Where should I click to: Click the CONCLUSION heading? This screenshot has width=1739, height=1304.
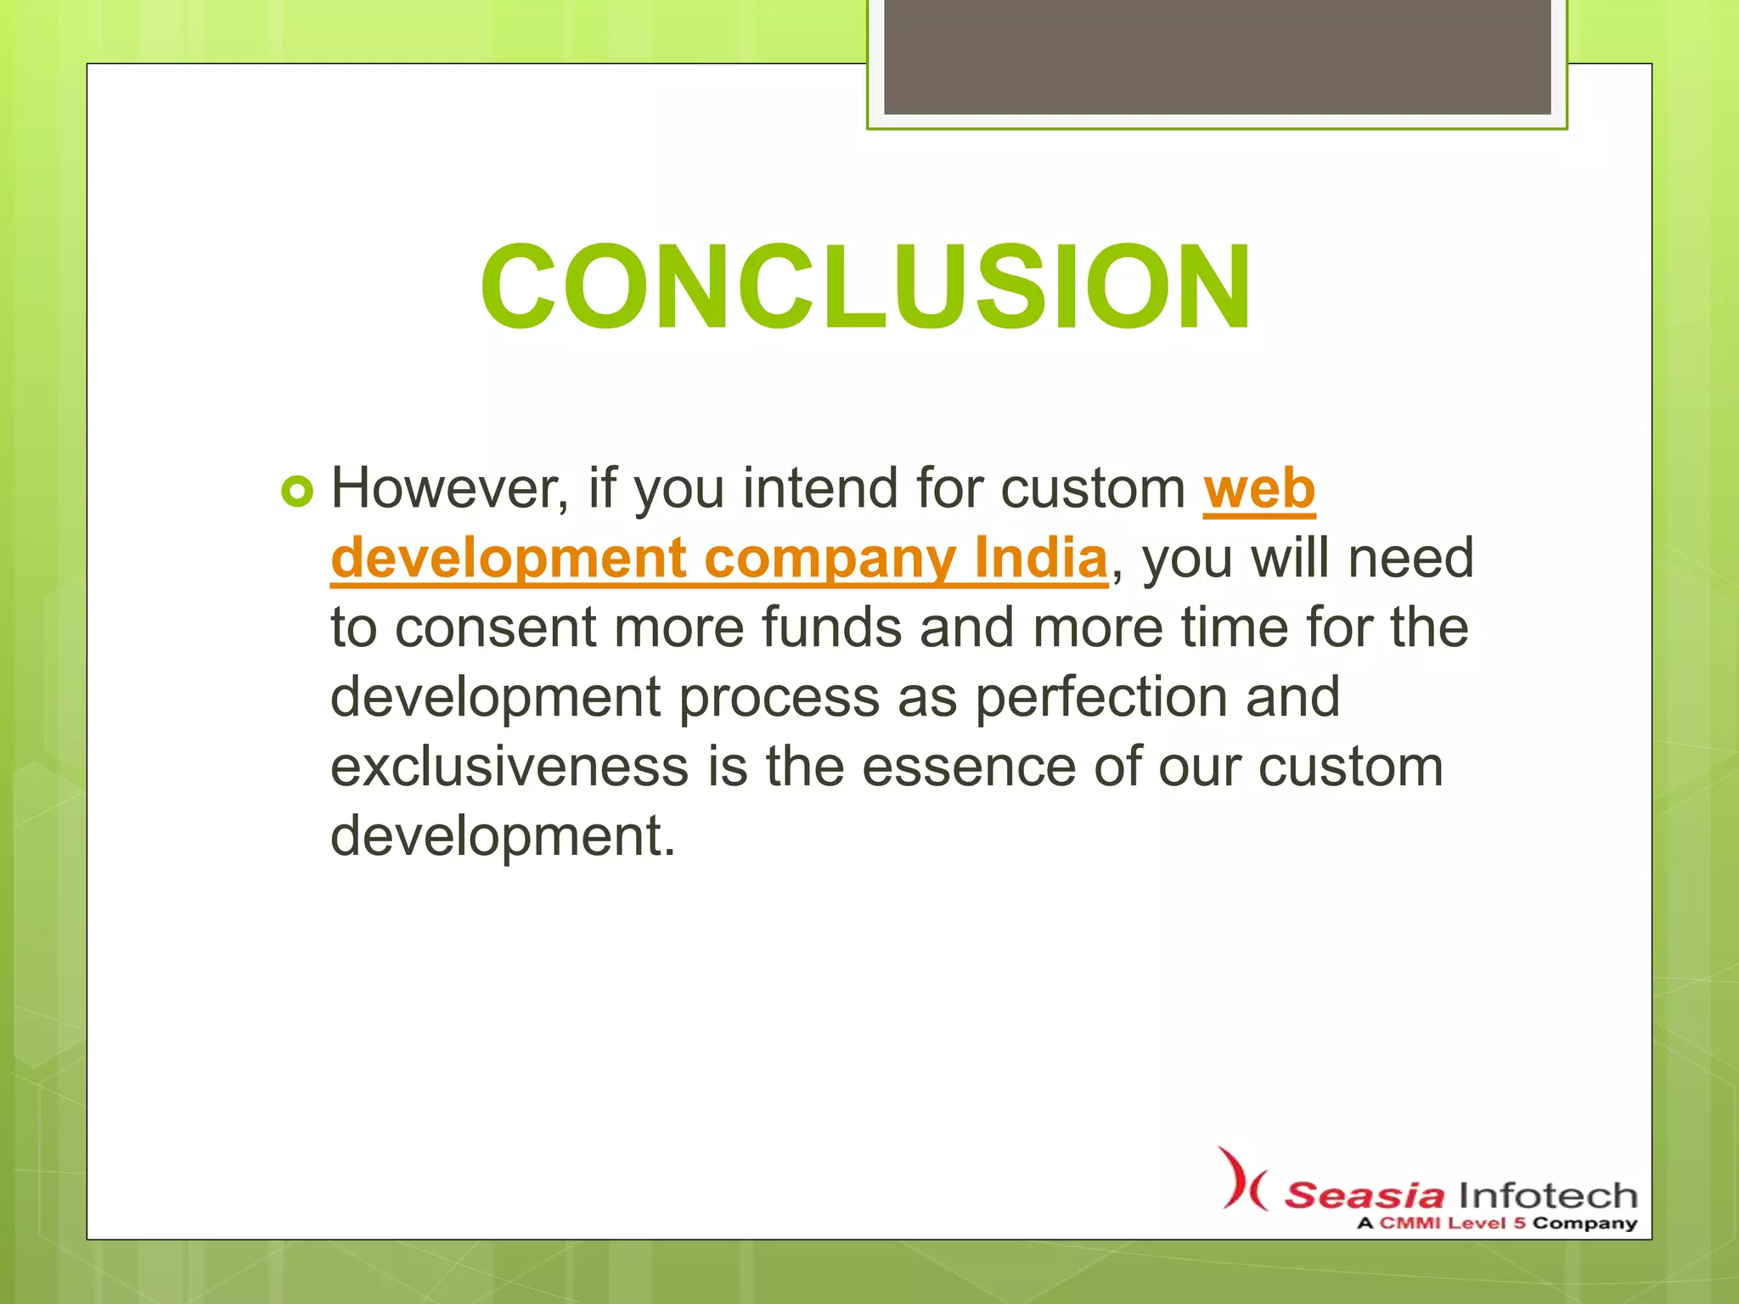(x=865, y=287)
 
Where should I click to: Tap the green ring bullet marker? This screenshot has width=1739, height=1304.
(x=297, y=491)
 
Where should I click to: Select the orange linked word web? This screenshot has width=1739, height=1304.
(x=1259, y=489)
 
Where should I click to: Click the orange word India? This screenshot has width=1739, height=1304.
(x=1040, y=559)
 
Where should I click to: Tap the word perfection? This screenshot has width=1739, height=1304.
(x=1100, y=698)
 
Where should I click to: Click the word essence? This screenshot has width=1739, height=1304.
(x=969, y=767)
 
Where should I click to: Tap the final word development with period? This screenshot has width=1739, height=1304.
(x=503, y=836)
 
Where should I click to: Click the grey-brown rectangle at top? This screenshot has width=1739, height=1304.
(x=1217, y=56)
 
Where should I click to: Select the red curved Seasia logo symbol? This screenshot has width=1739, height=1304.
(x=1241, y=1179)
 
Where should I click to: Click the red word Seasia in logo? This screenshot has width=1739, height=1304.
(x=1364, y=1195)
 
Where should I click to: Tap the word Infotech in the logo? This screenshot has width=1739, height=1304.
(x=1547, y=1195)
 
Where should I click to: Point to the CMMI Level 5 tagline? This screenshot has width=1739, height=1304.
(x=1496, y=1223)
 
